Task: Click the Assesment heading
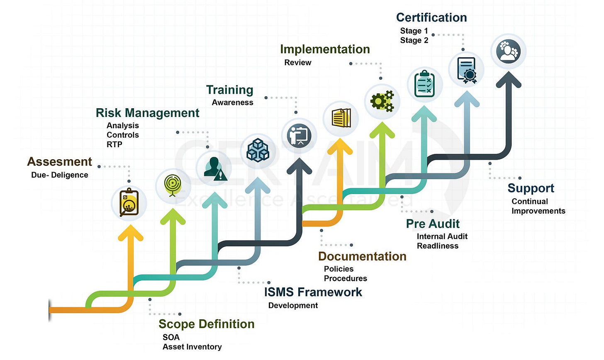(x=59, y=161)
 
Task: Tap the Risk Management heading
(x=147, y=113)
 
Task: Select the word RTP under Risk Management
(x=114, y=144)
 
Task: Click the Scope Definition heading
(x=206, y=324)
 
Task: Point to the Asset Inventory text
(x=192, y=347)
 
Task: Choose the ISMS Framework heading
(x=313, y=292)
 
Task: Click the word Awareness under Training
(x=232, y=102)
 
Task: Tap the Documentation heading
(x=362, y=256)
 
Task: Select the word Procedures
(x=345, y=278)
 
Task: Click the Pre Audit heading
(x=433, y=224)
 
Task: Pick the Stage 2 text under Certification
(x=414, y=40)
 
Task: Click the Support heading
(x=531, y=188)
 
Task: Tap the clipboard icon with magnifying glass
(x=129, y=203)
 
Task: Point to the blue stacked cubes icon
(x=258, y=150)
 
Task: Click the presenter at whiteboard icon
(x=299, y=135)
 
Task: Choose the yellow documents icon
(x=341, y=118)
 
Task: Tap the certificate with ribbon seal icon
(x=466, y=69)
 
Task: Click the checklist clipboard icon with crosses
(x=425, y=84)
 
